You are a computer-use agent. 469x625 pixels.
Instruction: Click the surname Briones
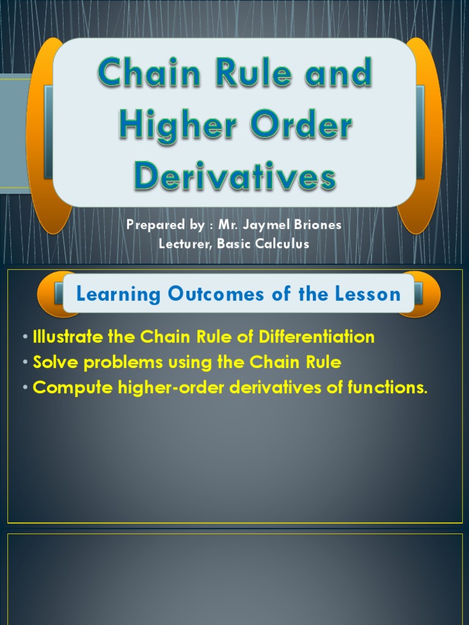click(319, 225)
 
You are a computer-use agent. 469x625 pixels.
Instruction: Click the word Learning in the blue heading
click(117, 294)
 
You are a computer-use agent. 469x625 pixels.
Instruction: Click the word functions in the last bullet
click(385, 388)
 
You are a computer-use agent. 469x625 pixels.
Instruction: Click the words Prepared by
click(165, 225)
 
